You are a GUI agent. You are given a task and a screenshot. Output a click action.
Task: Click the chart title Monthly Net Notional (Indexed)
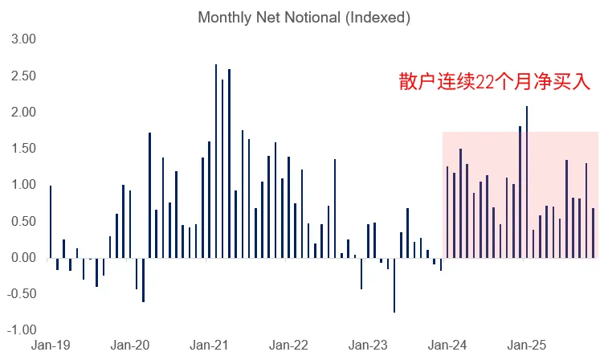click(304, 18)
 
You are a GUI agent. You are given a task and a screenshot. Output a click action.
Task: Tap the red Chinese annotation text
click(495, 82)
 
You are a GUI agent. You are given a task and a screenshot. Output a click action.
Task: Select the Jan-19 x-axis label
click(50, 345)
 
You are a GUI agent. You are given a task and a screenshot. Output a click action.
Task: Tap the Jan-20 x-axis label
click(129, 345)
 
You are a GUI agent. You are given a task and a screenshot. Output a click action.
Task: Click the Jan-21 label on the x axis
click(209, 345)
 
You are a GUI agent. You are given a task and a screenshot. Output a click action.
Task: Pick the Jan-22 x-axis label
click(288, 345)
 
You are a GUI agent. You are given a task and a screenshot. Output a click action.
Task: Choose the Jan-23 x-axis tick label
click(368, 345)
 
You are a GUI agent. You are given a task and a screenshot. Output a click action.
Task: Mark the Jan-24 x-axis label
click(447, 345)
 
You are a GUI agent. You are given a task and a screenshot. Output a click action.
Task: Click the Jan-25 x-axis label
click(527, 345)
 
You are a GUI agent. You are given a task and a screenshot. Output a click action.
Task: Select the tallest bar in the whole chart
click(216, 161)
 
